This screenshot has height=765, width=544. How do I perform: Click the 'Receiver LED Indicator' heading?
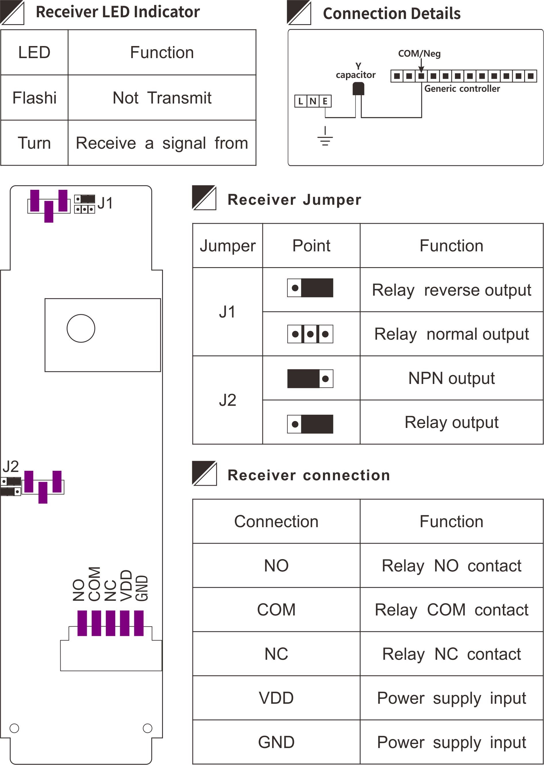[x=118, y=12]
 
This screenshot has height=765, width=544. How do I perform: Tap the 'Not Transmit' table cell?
[x=162, y=98]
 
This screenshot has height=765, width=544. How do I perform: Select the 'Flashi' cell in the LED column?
[x=34, y=98]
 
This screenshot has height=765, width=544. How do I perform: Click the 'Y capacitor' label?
[x=356, y=71]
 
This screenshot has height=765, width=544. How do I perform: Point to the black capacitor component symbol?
[x=358, y=89]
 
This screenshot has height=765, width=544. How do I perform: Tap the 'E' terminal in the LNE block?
[x=325, y=101]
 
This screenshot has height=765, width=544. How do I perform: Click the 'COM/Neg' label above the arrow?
[x=419, y=54]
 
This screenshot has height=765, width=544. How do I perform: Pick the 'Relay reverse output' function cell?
[x=451, y=290]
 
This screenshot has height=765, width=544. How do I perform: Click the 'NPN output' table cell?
[x=451, y=378]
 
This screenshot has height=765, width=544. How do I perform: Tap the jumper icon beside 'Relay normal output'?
[x=310, y=334]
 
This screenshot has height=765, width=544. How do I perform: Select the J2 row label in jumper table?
[x=227, y=400]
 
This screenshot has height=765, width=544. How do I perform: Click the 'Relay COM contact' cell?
[x=451, y=610]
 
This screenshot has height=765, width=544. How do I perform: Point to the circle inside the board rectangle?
[x=81, y=328]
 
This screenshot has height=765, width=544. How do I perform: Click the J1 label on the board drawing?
[x=105, y=203]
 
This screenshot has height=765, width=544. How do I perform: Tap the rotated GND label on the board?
[x=142, y=588]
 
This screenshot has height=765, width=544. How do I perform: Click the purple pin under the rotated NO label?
[x=82, y=623]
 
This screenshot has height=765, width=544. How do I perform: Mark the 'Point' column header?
[x=311, y=246]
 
